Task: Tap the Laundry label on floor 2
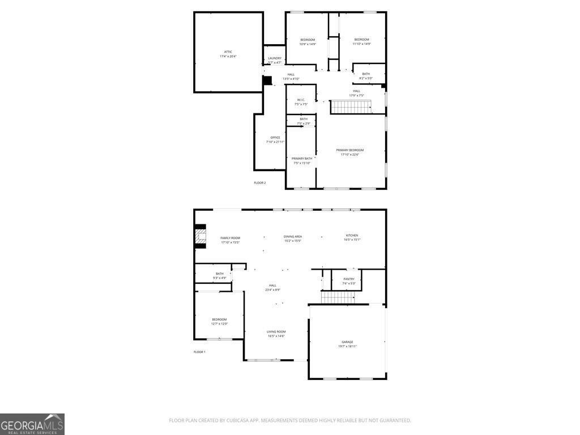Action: pos(275,58)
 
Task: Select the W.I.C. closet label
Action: pos(301,100)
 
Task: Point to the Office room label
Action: pos(275,138)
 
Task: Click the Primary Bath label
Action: pos(301,159)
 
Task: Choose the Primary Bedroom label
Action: pos(350,150)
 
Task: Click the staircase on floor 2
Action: pos(351,106)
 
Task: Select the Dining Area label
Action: pos(293,236)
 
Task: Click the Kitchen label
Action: pos(352,236)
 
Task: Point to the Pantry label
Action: pos(349,279)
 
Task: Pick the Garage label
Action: pos(347,342)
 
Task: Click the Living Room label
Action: pos(276,332)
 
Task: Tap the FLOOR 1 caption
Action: pos(199,352)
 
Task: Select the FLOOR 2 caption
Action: pos(259,182)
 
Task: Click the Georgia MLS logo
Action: pos(32,424)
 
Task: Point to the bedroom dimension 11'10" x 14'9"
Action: pos(361,44)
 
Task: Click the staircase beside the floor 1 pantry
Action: pos(338,297)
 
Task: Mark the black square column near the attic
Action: pos(267,80)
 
